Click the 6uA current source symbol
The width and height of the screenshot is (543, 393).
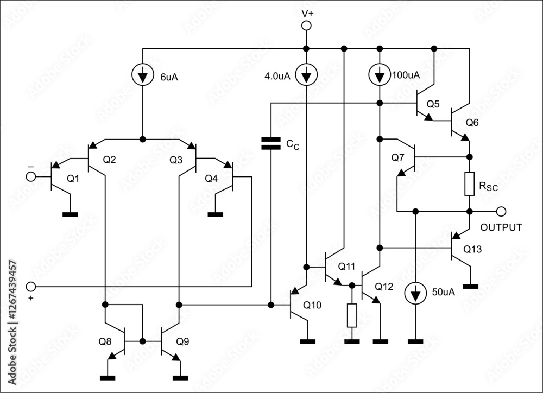[x=143, y=75]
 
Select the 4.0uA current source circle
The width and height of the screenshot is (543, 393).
[x=306, y=75]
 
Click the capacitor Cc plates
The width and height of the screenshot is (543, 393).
[x=270, y=143]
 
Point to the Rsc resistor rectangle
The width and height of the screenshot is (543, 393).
[x=470, y=184]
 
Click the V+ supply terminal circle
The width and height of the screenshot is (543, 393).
[x=306, y=25]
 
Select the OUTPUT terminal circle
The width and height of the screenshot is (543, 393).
[x=501, y=211]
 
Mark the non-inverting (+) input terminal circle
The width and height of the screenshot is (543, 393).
[x=31, y=287]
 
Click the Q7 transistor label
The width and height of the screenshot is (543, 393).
[x=397, y=157]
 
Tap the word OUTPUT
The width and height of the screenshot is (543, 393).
[x=501, y=227]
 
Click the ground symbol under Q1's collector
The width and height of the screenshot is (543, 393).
[x=70, y=214]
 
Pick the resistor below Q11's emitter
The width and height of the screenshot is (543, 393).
[x=352, y=315]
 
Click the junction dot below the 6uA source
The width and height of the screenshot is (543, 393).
[x=143, y=139]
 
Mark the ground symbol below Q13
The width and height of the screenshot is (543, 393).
[x=470, y=286]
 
